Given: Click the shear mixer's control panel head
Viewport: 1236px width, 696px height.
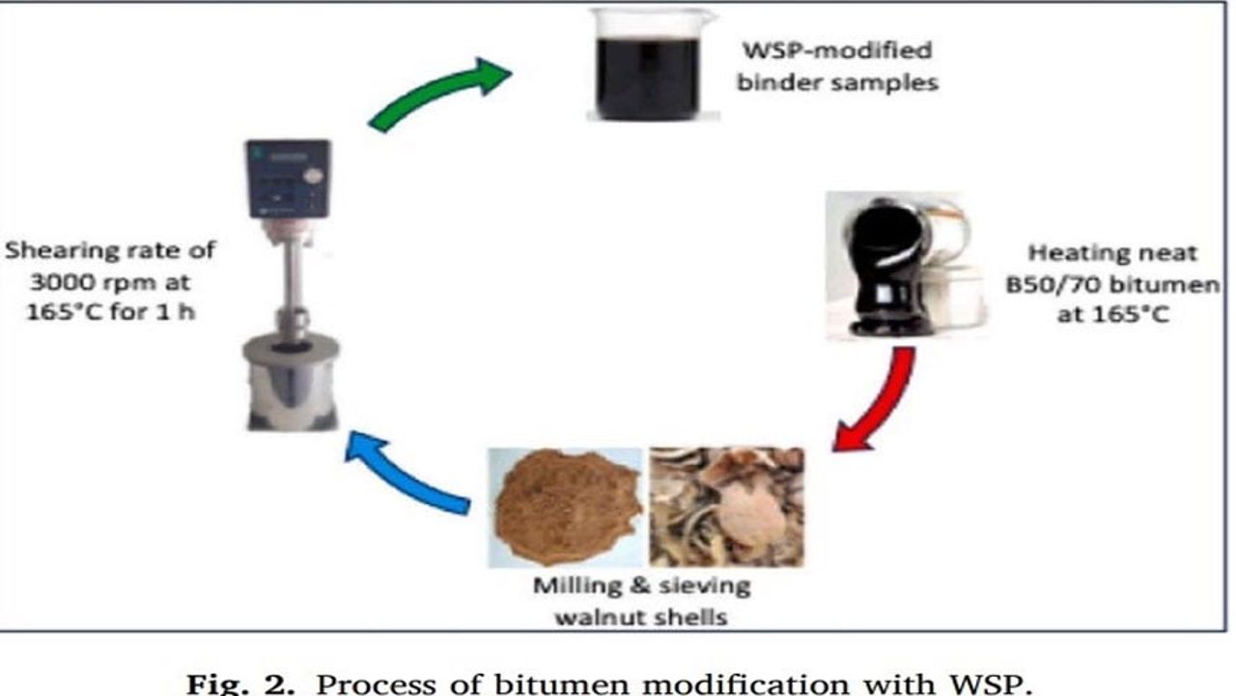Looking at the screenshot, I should (288, 178).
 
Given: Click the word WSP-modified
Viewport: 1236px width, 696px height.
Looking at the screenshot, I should (836, 50).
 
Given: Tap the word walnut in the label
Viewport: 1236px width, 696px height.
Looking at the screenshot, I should (601, 616).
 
